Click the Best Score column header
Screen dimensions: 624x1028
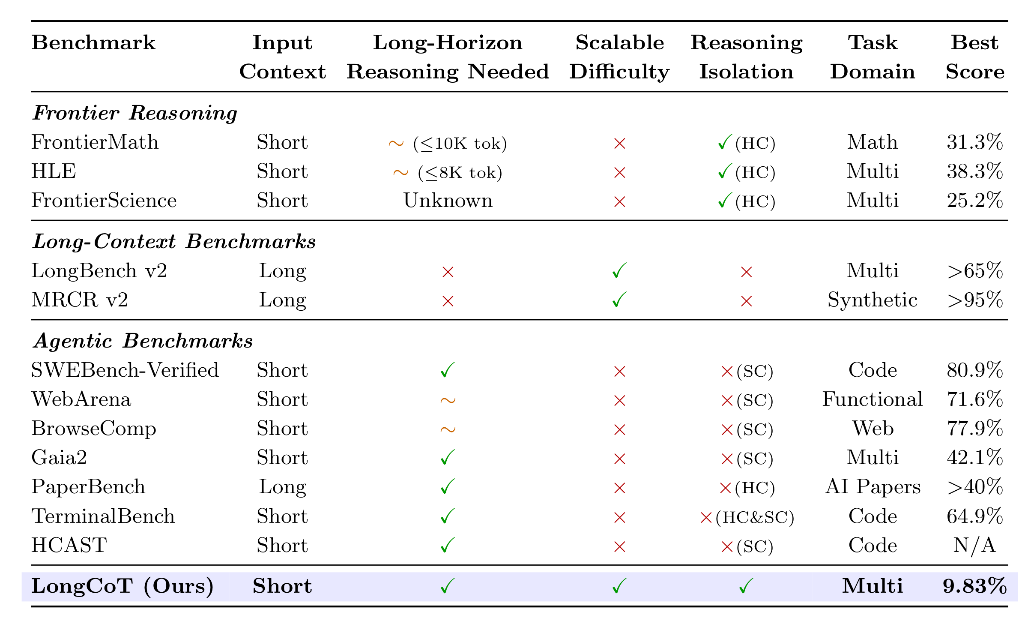pos(974,57)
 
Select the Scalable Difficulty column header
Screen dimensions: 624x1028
pos(619,57)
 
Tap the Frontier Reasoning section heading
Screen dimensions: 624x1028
pos(135,113)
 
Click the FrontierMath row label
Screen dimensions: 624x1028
pos(95,142)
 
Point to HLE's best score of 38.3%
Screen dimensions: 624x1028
pos(974,171)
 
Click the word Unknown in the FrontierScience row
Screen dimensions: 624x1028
pos(448,201)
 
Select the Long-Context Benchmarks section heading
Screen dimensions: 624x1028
pos(174,242)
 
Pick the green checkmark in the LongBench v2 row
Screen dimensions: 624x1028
pos(619,271)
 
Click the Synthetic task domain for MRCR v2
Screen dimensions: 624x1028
pos(873,300)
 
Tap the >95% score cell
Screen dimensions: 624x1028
pos(974,300)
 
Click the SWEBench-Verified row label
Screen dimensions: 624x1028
pos(125,370)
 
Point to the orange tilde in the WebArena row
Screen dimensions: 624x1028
pos(448,401)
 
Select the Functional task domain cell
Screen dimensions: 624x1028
pos(873,399)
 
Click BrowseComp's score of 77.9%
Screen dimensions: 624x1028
pos(974,429)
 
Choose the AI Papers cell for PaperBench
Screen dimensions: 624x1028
pos(873,487)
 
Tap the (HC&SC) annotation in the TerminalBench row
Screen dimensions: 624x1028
pos(755,517)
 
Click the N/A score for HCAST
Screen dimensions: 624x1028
pos(974,546)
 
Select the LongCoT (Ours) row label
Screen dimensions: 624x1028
pos(123,586)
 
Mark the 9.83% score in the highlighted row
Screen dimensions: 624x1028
pos(974,586)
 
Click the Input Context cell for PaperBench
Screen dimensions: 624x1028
pos(282,487)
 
